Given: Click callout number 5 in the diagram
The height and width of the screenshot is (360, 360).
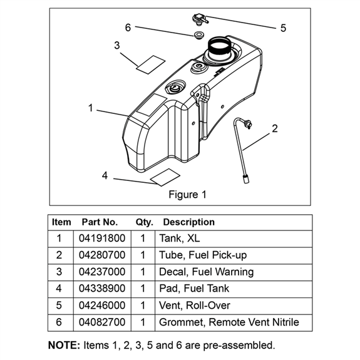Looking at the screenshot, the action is click(283, 28).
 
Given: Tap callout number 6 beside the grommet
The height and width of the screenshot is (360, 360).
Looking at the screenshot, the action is click(128, 28).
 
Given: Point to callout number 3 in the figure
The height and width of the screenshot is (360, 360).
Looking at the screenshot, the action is click(117, 45).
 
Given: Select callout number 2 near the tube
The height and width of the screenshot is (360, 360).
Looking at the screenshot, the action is click(275, 128).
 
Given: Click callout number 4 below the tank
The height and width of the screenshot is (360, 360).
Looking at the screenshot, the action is click(105, 176).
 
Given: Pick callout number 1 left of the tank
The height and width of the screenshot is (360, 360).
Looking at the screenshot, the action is click(90, 108).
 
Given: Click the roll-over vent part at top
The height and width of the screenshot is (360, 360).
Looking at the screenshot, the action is click(200, 19).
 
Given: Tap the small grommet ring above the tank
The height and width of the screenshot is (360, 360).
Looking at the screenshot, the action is click(198, 35).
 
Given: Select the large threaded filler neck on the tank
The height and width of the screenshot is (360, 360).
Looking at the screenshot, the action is click(219, 49).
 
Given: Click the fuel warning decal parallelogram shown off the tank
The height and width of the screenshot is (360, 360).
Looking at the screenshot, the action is click(151, 64).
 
